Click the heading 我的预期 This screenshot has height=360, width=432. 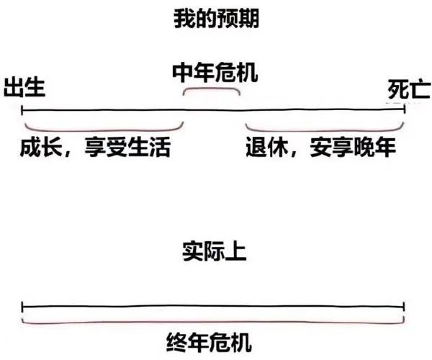click(216, 19)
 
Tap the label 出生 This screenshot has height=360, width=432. click(25, 87)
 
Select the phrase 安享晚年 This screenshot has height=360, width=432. click(354, 148)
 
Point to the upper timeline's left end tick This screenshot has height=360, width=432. click(23, 109)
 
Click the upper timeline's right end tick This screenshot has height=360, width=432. click(404, 109)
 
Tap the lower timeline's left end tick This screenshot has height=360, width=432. click(23, 305)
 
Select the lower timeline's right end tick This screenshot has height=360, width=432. click(404, 305)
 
